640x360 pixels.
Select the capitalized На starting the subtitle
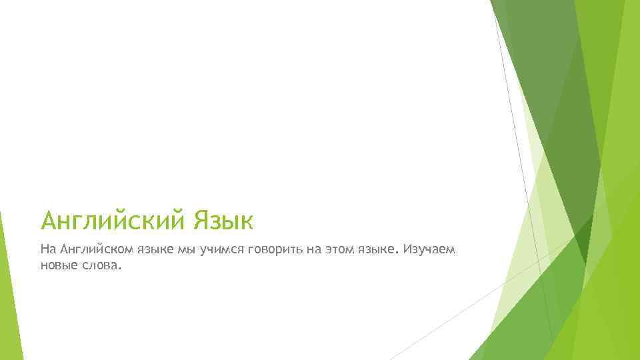[x=48, y=250]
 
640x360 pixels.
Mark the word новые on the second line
[x=58, y=265]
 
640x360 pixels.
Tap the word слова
[x=101, y=265]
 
